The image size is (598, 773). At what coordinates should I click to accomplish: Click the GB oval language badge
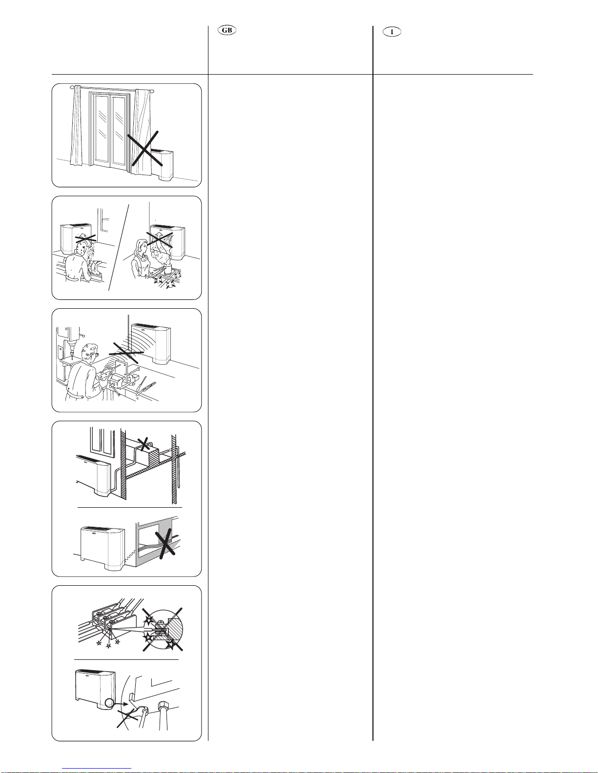227,30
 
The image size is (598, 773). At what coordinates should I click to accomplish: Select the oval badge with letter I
392,32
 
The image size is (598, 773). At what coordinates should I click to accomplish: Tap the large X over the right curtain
145,149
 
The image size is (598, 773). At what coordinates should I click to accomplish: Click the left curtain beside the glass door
76,127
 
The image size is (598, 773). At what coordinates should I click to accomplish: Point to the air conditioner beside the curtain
165,165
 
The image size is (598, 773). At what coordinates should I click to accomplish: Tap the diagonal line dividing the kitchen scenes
119,247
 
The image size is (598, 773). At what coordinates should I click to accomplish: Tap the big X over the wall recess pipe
165,544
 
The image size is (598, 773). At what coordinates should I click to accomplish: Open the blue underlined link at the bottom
97,769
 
